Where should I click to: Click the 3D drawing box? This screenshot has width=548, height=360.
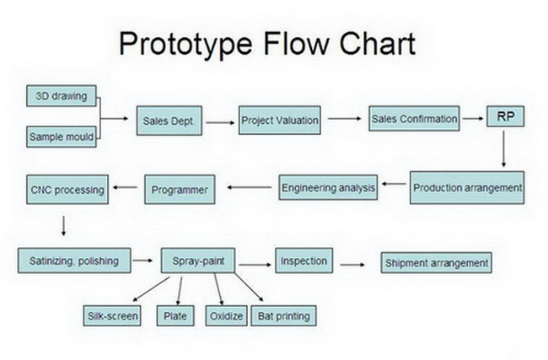tap(62, 96)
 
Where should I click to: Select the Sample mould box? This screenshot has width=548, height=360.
tap(62, 137)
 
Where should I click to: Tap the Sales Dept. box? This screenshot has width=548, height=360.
tap(169, 121)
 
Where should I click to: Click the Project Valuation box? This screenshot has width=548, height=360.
tap(280, 121)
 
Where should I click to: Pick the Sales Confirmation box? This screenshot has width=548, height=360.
tap(414, 119)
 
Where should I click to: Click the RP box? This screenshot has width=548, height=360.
tap(506, 116)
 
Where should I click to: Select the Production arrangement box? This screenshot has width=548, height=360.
tap(467, 188)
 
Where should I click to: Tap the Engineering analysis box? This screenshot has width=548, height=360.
tap(328, 188)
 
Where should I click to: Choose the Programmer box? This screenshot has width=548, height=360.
tap(180, 190)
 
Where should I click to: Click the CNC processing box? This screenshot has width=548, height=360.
tap(67, 190)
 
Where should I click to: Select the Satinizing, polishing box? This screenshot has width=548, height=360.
tap(74, 261)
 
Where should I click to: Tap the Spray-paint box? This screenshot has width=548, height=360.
tap(198, 261)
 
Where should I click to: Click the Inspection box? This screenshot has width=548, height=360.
tap(304, 261)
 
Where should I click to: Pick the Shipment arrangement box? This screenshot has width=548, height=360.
tap(437, 262)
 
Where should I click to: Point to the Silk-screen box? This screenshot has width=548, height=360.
tap(112, 316)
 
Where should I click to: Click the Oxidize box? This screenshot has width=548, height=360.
tap(227, 316)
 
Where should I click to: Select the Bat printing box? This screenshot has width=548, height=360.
tap(284, 316)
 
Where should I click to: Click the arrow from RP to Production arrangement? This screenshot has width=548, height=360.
tap(503, 149)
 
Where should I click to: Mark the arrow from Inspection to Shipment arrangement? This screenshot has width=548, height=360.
tap(352, 265)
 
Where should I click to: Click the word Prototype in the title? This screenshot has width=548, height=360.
tap(185, 44)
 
